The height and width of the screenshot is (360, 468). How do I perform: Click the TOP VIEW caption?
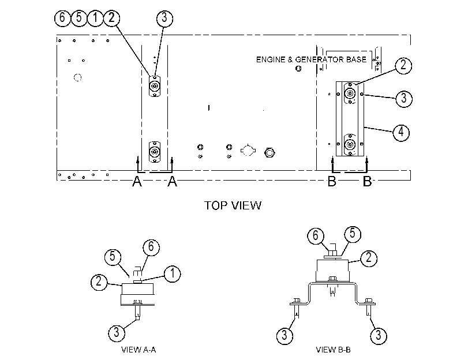pos(233,205)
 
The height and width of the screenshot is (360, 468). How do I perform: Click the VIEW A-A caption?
pos(138,350)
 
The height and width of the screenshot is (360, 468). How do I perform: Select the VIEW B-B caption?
pos(333,350)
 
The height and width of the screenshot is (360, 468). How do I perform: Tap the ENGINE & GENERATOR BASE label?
pos(311,59)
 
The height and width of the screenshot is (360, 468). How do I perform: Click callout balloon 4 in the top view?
pos(401,132)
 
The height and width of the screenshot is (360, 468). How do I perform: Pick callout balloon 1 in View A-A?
pos(173,273)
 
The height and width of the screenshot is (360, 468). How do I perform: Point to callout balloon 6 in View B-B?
pos(316,236)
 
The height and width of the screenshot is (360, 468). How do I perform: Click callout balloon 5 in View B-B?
pos(353,234)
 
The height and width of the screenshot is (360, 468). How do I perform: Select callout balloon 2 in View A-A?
pos(99,282)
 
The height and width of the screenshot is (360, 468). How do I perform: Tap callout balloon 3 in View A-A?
pos(117,332)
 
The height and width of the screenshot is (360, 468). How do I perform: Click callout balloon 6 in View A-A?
pos(151,247)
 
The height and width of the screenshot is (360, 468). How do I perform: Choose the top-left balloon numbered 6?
pos(62,18)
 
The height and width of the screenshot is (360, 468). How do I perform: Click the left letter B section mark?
pos(332,181)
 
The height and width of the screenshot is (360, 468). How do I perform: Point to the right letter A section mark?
pos(172,181)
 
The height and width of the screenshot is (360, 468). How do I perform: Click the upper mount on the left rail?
pos(155,87)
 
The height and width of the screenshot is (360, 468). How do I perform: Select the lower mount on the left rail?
pos(155,152)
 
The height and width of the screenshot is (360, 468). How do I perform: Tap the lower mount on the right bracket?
pos(350,145)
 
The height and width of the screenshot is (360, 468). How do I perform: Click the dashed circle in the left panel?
pos(77,78)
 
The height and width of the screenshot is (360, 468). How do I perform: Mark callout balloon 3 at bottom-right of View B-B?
pos(379,335)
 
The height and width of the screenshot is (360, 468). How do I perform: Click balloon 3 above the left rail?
pos(164,18)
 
